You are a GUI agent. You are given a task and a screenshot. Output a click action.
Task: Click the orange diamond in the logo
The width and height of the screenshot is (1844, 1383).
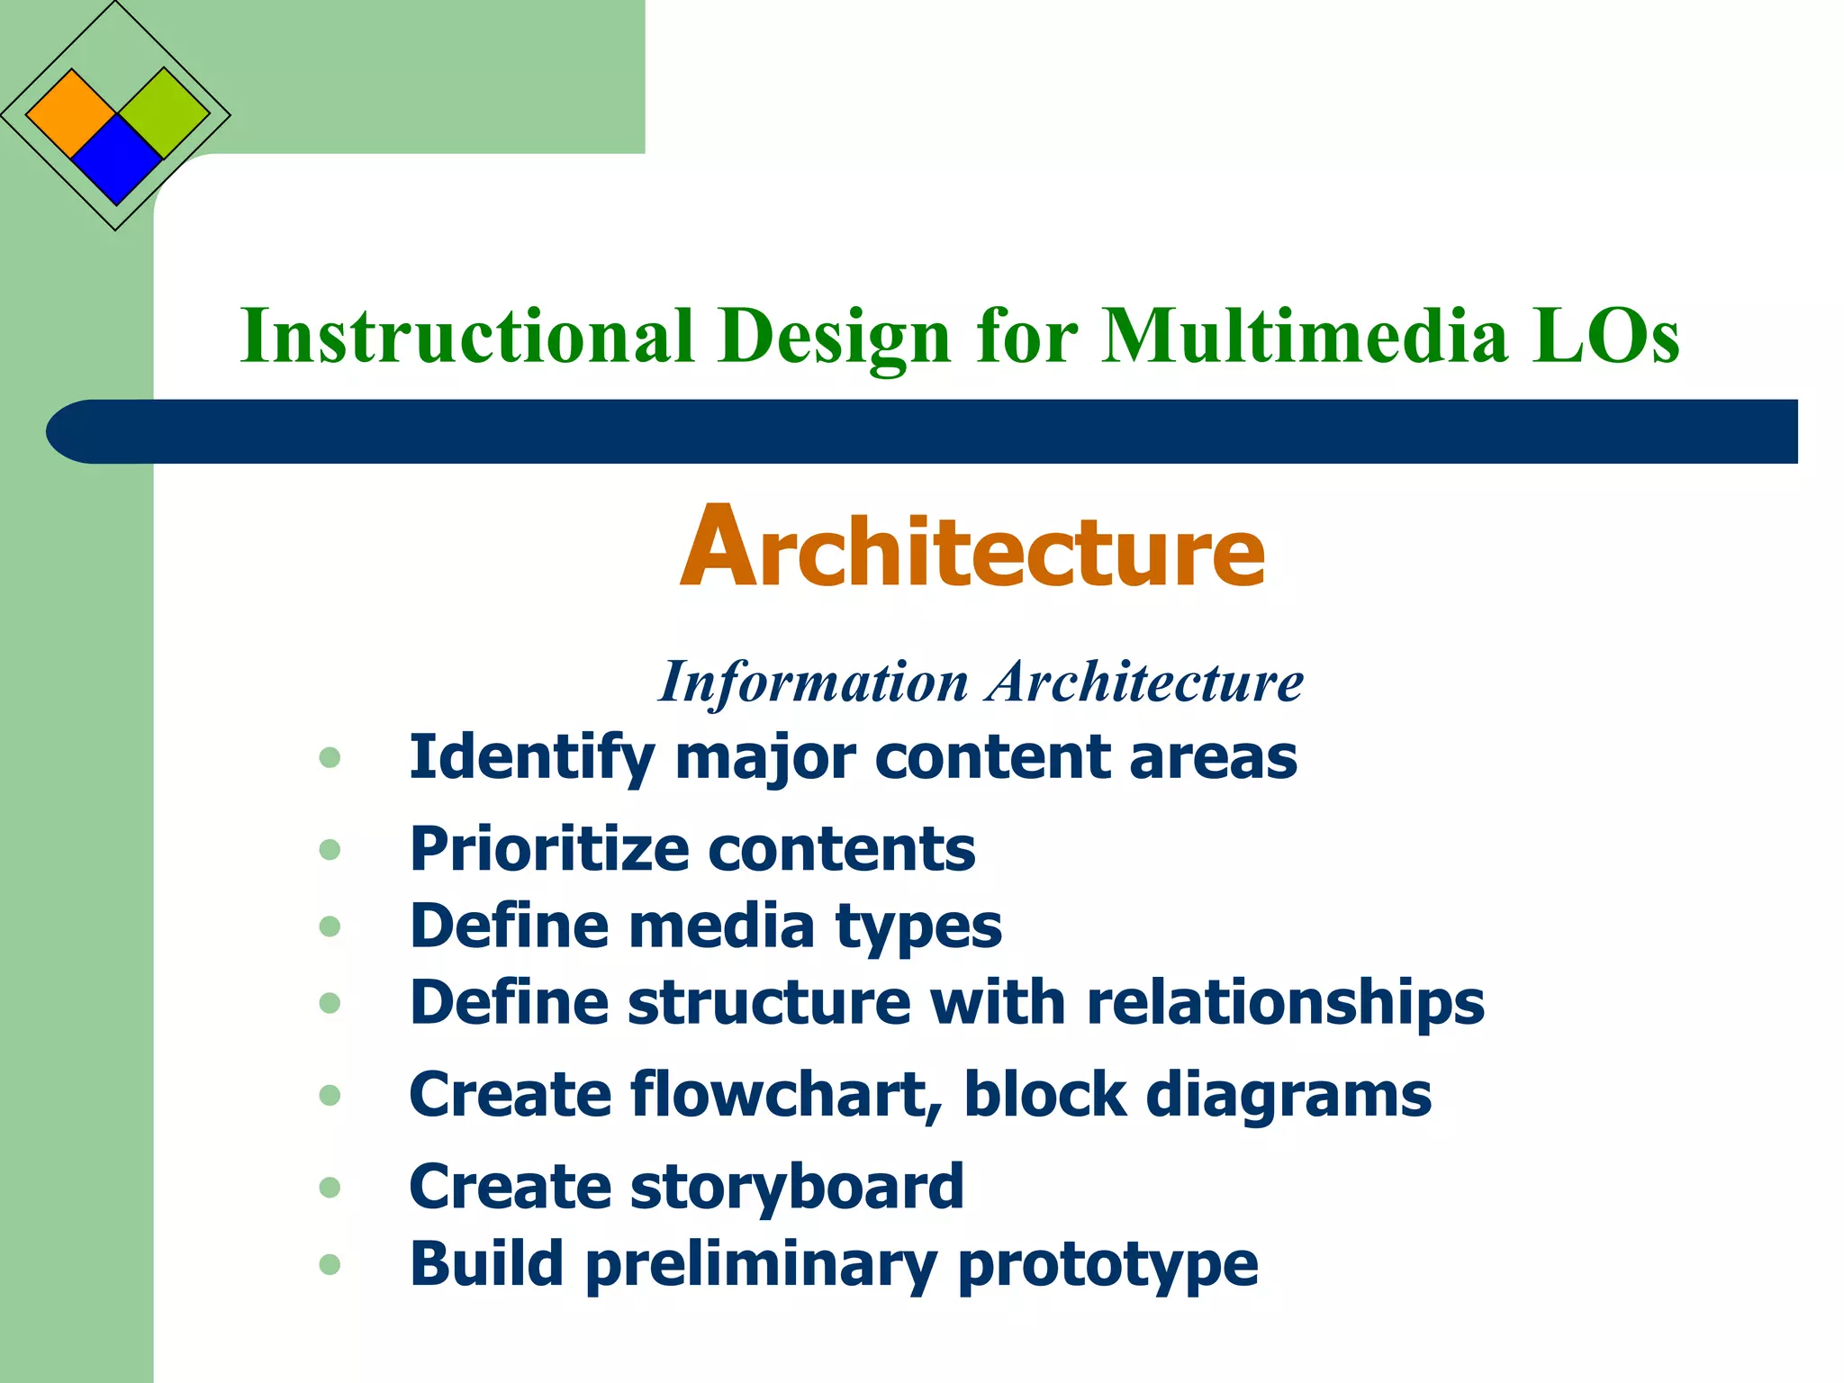point(71,114)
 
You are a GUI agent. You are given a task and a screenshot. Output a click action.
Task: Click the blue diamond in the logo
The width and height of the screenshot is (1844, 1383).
point(116,159)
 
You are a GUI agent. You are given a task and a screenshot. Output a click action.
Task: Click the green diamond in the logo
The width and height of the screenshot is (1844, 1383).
point(164,113)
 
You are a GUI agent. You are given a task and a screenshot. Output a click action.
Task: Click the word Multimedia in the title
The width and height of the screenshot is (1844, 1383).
point(1305,336)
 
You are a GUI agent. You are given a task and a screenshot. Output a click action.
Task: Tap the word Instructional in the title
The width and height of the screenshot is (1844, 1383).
point(467,336)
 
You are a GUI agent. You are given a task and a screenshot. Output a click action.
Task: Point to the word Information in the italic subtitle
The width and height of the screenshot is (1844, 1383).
point(813,682)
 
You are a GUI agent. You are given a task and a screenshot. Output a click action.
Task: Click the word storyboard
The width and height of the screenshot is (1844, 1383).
point(797,1187)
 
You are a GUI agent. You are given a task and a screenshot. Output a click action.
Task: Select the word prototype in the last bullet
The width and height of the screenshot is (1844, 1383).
point(1107,1265)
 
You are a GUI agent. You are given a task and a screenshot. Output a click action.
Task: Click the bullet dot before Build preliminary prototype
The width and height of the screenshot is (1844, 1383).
point(330,1265)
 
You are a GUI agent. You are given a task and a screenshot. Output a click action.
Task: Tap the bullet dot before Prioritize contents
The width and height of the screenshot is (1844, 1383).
point(330,849)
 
